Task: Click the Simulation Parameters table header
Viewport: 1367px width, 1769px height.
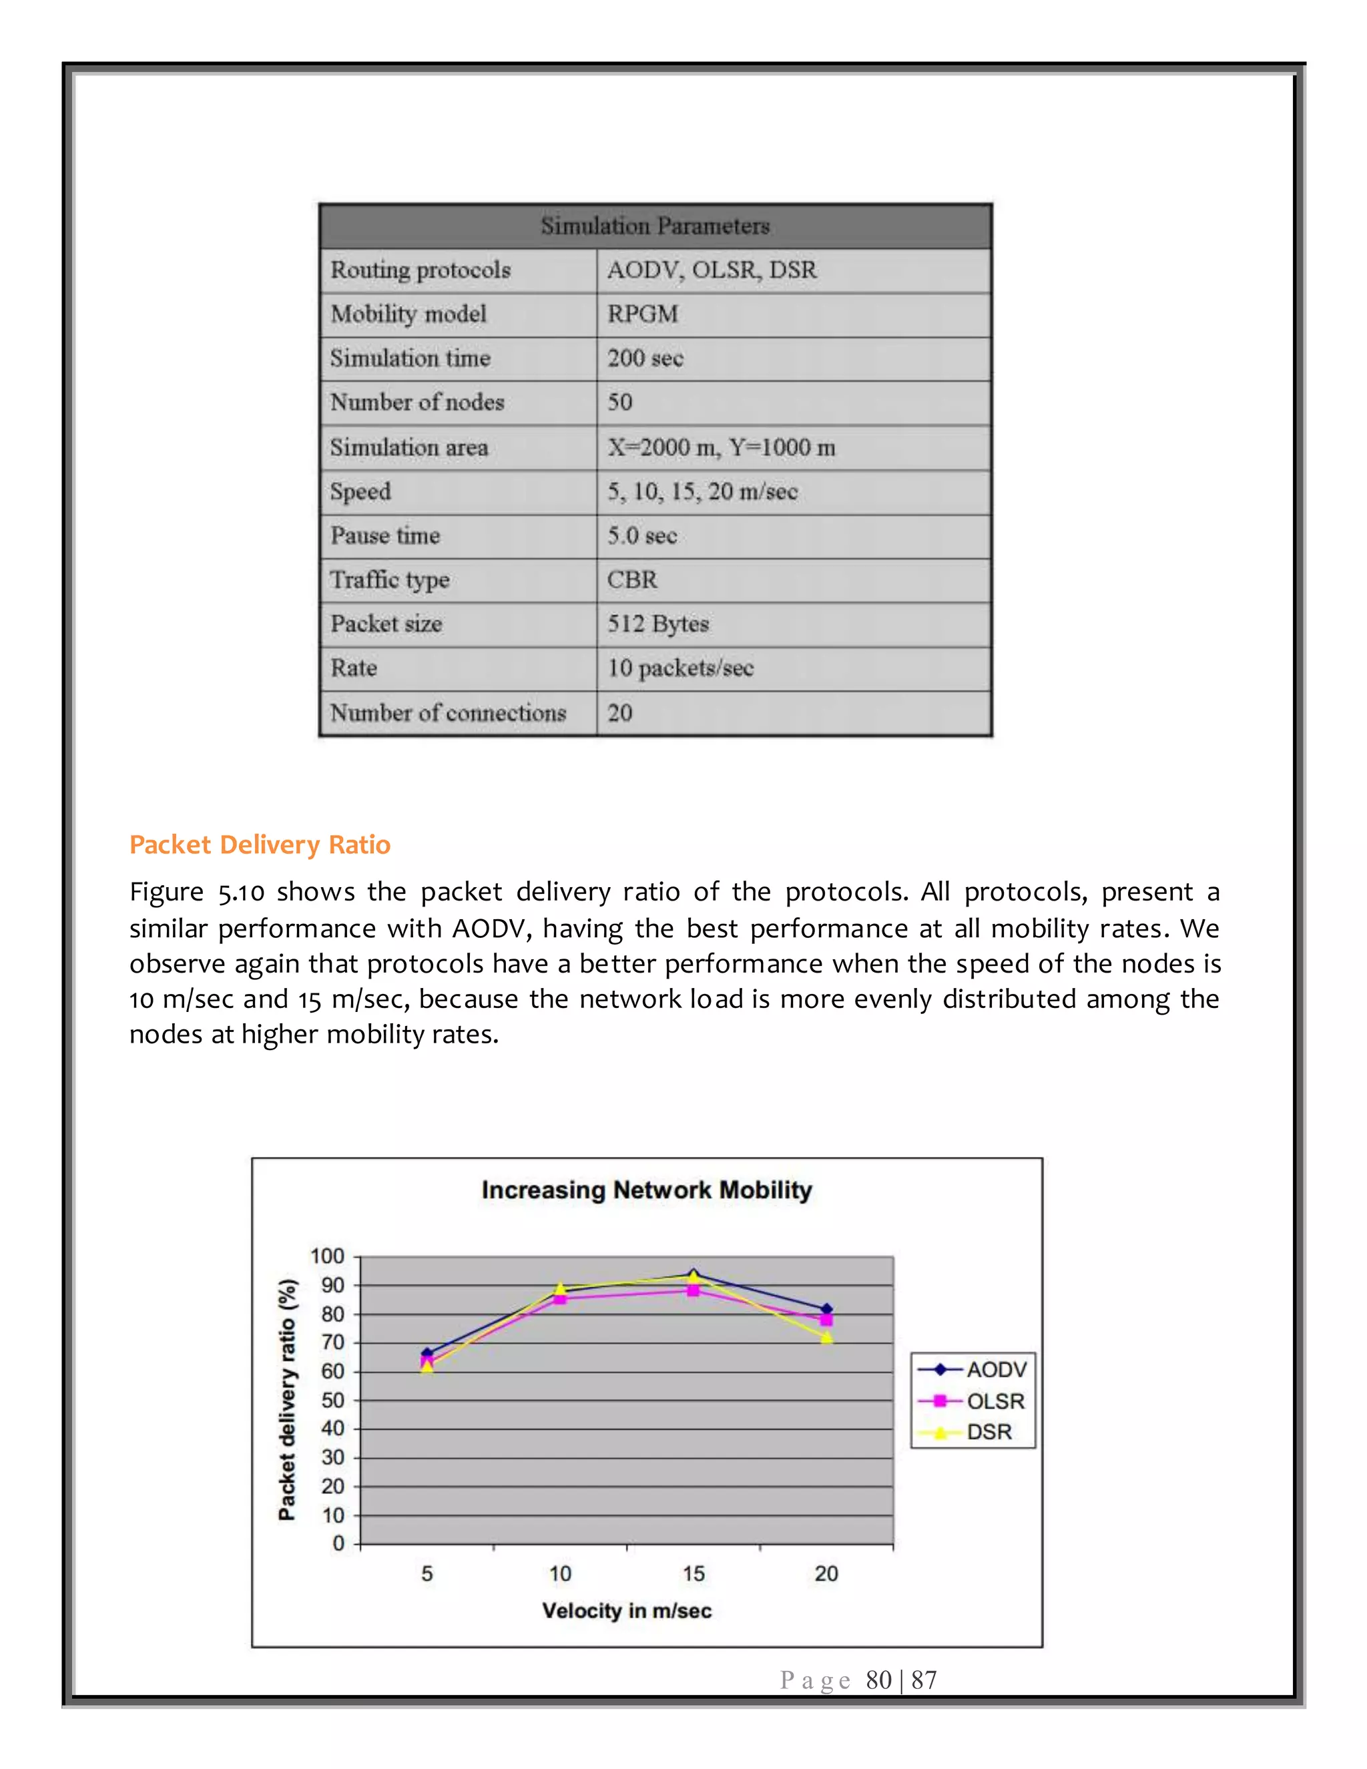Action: [655, 226]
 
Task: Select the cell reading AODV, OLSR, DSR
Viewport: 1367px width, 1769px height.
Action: [712, 270]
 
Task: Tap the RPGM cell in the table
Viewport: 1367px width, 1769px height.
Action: [643, 314]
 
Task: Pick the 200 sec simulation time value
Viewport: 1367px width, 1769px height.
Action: [645, 358]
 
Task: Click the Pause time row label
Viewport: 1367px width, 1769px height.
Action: [384, 535]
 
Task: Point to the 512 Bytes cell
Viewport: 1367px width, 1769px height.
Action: [657, 623]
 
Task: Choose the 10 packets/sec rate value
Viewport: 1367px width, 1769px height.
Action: [680, 668]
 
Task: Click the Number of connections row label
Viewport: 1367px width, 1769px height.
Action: [448, 713]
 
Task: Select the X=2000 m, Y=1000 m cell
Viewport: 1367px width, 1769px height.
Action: [721, 447]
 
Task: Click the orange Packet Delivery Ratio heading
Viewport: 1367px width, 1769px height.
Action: [260, 845]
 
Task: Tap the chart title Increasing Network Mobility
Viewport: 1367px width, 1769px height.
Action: [646, 1190]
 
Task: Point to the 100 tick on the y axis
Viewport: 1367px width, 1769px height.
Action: [327, 1256]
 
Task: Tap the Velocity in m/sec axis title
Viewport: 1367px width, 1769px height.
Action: [627, 1610]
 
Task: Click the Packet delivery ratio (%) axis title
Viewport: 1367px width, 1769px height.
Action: [286, 1400]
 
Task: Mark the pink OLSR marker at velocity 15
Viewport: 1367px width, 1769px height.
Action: [694, 1290]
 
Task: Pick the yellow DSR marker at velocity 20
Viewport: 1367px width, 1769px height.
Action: [826, 1337]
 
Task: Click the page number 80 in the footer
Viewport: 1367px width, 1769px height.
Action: [878, 1680]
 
